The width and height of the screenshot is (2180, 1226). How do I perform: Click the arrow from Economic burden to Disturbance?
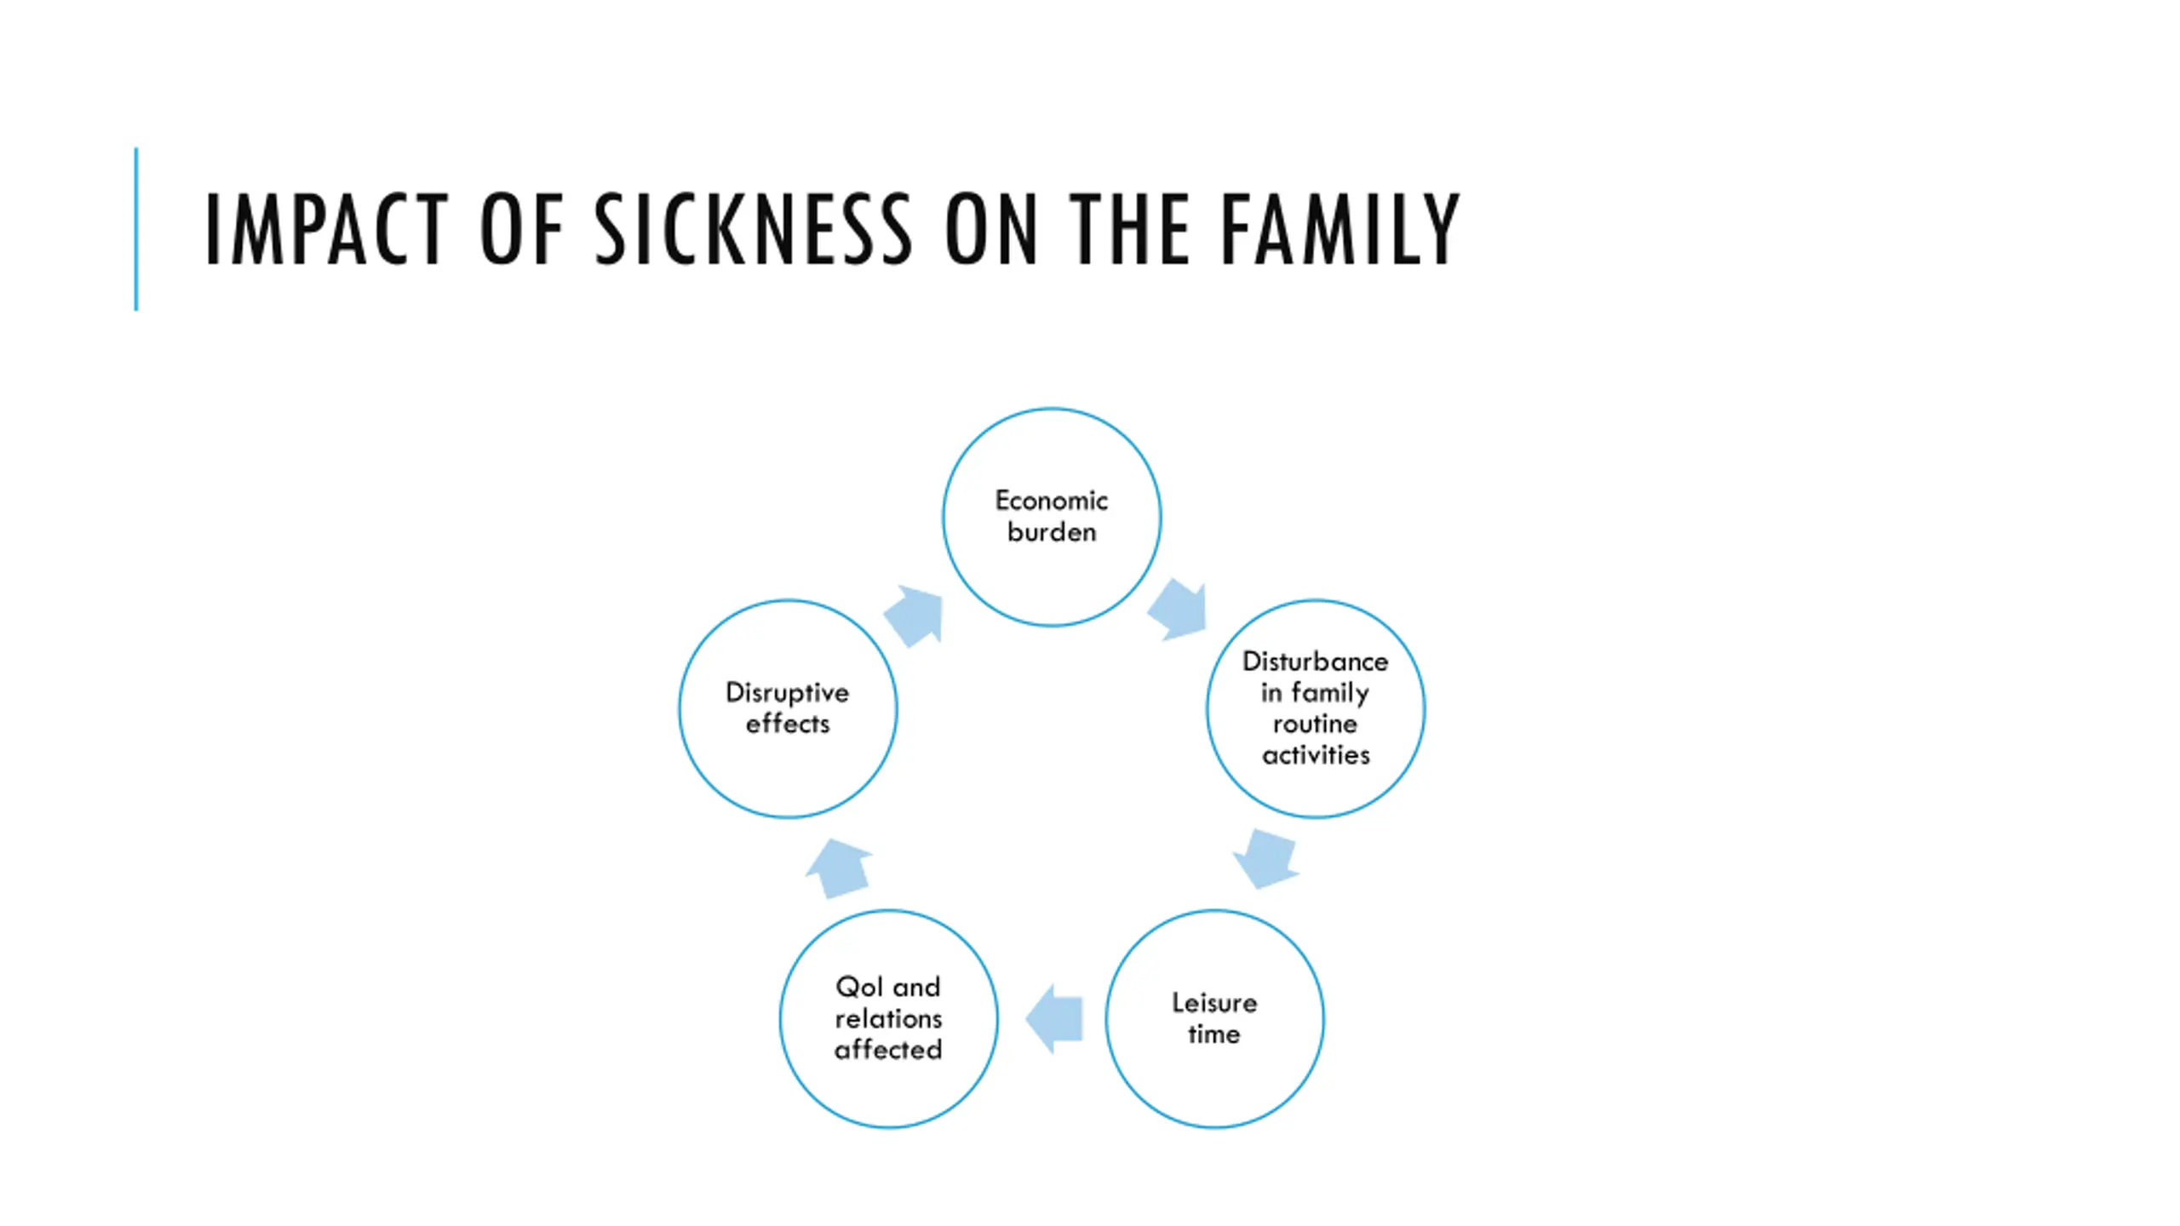(x=1179, y=609)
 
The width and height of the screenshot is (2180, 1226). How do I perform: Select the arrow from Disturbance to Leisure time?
(x=1266, y=858)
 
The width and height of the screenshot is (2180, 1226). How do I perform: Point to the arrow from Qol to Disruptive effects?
(x=838, y=868)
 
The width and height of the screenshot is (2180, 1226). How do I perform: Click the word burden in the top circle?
(x=1051, y=532)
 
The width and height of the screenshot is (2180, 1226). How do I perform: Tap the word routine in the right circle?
(x=1315, y=724)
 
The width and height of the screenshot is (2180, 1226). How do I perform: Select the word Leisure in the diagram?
(x=1214, y=1003)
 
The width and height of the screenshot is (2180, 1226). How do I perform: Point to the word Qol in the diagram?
(x=858, y=987)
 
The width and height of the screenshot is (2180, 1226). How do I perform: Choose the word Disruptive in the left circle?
(x=787, y=693)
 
